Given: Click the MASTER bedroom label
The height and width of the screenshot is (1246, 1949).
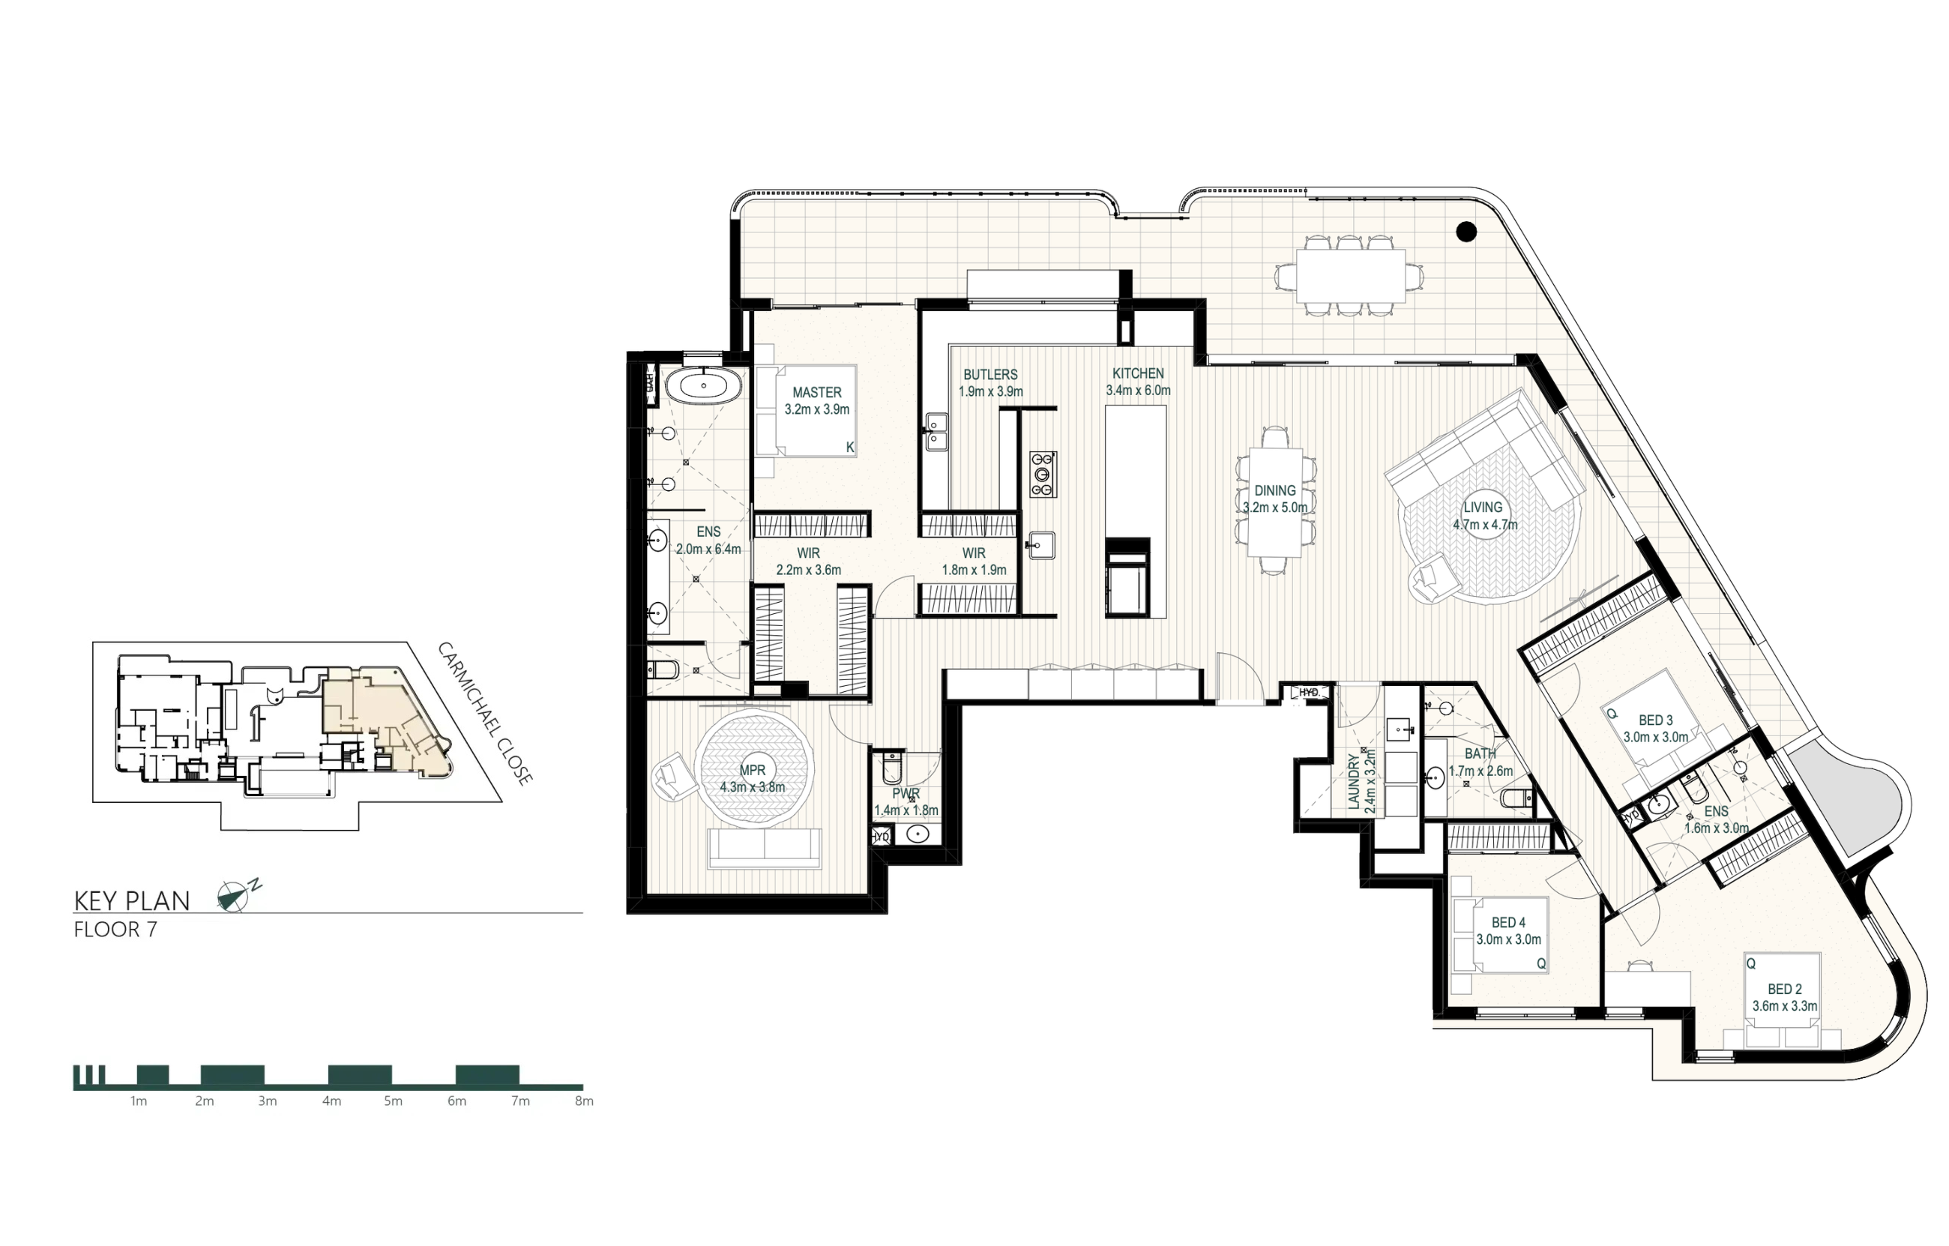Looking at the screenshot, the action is click(x=816, y=393).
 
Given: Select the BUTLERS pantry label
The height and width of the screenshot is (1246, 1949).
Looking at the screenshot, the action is click(x=990, y=375).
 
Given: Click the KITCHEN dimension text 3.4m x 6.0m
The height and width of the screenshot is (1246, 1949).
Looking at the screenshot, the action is click(x=1138, y=391).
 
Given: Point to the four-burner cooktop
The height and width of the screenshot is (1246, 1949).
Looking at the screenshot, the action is click(x=1043, y=475).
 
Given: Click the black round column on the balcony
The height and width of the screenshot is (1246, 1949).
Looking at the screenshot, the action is click(x=1465, y=232).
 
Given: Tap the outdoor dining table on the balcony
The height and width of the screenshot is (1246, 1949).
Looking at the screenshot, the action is click(x=1350, y=275).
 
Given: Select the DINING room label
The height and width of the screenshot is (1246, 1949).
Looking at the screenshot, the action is click(x=1275, y=490).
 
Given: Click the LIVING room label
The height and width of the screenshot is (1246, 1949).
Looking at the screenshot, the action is click(x=1483, y=508).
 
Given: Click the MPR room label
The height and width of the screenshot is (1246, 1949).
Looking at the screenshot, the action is click(x=752, y=770).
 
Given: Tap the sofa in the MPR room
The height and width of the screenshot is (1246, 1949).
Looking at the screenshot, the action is click(x=764, y=849).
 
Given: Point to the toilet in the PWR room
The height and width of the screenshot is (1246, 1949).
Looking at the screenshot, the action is click(x=891, y=768).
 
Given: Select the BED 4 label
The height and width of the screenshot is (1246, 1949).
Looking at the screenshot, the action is click(x=1509, y=923).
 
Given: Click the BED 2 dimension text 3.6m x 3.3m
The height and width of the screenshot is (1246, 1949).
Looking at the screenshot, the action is click(x=1785, y=1006).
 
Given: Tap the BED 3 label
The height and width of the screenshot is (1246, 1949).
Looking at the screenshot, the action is click(x=1656, y=720).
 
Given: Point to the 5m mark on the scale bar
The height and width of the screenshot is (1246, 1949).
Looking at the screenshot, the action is click(x=393, y=1101).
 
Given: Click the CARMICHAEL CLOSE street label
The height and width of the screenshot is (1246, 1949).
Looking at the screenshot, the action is click(x=485, y=714).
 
